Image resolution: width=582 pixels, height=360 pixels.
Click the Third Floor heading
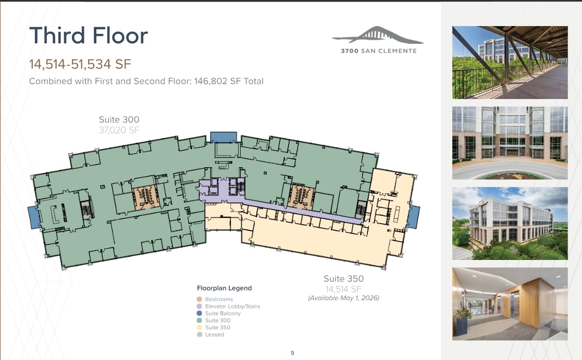pos(89,35)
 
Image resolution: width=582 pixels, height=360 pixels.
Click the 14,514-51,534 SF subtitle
pos(80,65)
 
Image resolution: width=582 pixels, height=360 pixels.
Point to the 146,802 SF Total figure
pos(229,81)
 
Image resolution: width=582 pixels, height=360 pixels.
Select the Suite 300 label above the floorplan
pos(119,120)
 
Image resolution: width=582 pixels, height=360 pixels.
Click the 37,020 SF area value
pos(119,130)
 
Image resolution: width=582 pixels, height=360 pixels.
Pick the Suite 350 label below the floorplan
pos(343,279)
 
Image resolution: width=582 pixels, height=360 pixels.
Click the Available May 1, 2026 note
pos(343,298)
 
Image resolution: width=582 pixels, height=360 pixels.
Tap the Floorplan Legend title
pos(224,288)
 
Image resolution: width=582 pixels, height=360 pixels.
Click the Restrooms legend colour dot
pos(199,300)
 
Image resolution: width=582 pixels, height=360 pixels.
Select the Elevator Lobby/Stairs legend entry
pos(232,306)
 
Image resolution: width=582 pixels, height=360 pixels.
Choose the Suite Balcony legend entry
pos(222,314)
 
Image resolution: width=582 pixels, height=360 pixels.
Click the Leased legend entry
pos(214,334)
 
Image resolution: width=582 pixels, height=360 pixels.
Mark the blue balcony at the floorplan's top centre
pos(224,137)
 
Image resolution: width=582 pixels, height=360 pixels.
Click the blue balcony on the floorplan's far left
pos(33,217)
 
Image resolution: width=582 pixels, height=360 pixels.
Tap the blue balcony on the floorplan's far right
pos(413,217)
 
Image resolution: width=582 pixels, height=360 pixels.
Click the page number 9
pos(292,353)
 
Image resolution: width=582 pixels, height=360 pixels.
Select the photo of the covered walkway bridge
pos(510,63)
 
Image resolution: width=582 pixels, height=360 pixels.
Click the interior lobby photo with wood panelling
pos(510,304)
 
